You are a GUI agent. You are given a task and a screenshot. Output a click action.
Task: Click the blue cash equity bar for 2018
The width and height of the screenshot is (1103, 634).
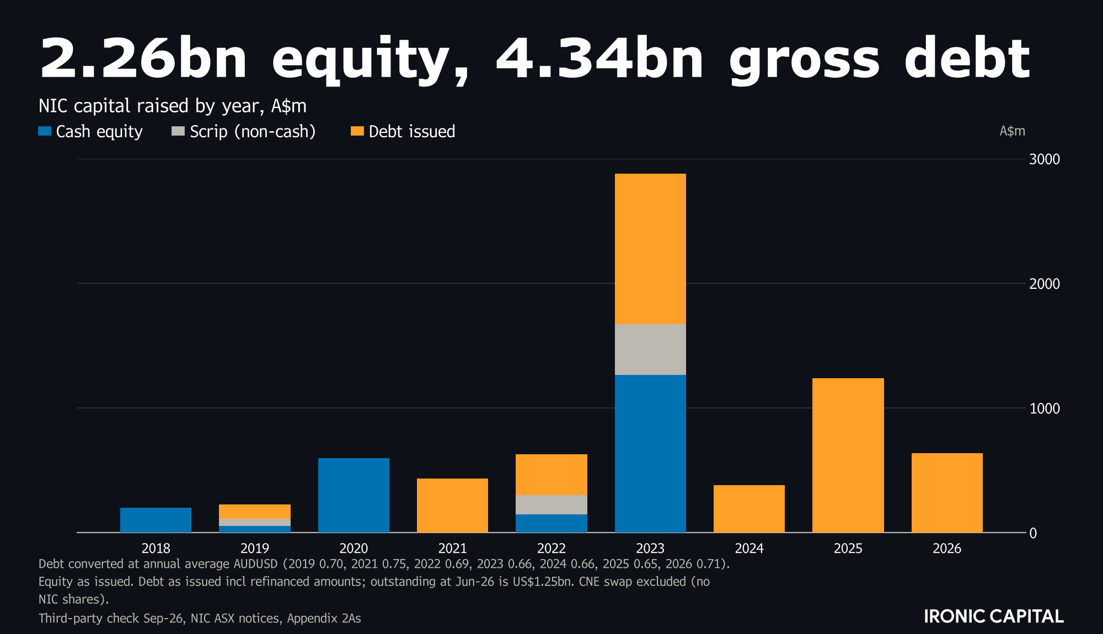156,520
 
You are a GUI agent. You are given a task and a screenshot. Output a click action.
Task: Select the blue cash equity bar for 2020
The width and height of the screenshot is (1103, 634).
354,495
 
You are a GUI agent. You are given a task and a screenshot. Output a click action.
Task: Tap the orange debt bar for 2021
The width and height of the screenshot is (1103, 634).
452,506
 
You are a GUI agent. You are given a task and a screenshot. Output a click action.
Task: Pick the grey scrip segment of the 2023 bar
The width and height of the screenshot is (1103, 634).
650,350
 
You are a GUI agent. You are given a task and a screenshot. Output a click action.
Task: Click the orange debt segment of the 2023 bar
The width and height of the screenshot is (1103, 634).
650,249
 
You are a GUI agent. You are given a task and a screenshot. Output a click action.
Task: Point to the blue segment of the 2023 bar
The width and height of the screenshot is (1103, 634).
650,454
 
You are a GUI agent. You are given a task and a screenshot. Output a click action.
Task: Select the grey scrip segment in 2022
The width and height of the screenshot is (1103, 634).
551,504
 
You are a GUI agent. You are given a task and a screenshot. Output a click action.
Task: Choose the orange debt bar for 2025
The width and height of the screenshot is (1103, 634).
848,455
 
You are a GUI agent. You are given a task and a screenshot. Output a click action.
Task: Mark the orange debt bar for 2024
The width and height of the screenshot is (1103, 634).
749,509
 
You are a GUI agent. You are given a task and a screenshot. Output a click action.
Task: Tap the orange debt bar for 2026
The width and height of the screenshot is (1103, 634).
947,493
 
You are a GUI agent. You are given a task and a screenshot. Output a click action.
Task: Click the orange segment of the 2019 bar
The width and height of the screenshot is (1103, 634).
255,512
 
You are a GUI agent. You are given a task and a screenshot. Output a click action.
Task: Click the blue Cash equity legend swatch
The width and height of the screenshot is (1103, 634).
45,131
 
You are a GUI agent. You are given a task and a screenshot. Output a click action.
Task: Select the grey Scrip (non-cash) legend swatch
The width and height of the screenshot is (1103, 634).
178,131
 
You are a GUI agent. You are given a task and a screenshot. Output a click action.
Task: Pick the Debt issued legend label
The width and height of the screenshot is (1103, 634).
412,132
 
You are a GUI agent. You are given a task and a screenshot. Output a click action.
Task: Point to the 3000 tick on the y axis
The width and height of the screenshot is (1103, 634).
1045,159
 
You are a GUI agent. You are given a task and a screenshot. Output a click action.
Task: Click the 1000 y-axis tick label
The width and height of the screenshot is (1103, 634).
1045,409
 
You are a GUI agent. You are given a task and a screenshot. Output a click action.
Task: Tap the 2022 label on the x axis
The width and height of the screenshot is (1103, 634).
551,549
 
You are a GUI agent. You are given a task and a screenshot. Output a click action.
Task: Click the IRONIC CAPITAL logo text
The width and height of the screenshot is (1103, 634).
994,616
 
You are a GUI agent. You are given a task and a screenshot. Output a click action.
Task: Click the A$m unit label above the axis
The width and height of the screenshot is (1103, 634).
1013,131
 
